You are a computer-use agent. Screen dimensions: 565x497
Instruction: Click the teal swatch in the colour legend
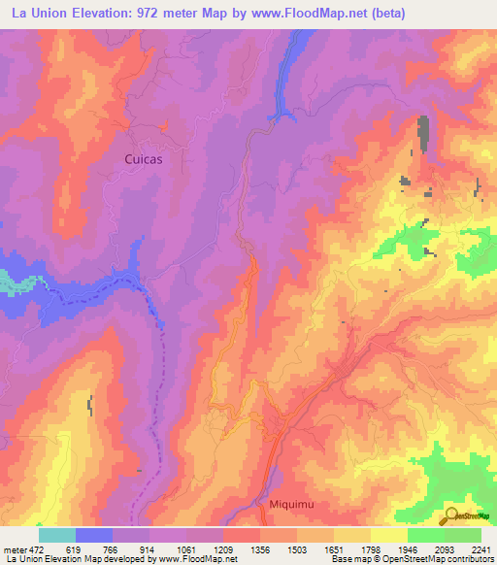(57, 534)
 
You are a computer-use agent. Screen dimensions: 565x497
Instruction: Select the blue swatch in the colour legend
(94, 534)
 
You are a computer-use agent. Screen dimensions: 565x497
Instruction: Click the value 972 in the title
(162, 14)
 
